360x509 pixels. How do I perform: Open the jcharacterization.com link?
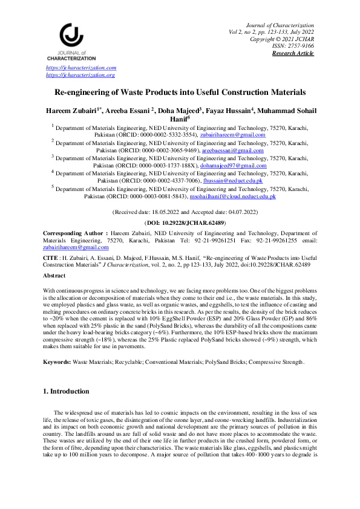coord(81,68)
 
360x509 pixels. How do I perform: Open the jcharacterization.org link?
coord(80,75)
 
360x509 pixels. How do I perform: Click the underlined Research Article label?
coord(293,53)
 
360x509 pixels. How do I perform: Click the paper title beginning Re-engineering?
coord(180,92)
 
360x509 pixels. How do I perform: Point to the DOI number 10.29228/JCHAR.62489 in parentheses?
coord(180,223)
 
